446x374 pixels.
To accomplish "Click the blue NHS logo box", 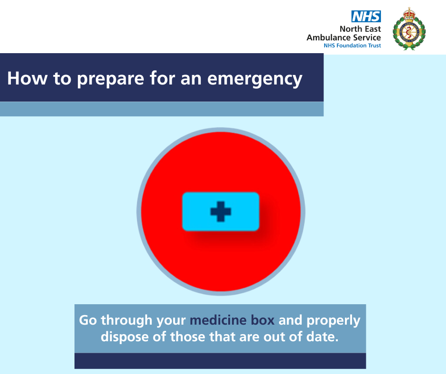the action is pyautogui.click(x=366, y=16).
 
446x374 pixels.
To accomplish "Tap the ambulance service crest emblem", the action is pyautogui.click(x=409, y=29).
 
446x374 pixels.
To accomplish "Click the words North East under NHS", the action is pyautogui.click(x=360, y=29).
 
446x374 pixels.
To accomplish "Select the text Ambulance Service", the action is pyautogui.click(x=344, y=37).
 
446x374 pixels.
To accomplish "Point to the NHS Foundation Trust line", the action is pyautogui.click(x=352, y=46).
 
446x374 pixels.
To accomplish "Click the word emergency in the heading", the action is pyautogui.click(x=255, y=79).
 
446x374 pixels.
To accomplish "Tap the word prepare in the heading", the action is pyautogui.click(x=111, y=79).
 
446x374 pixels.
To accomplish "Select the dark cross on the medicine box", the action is pyautogui.click(x=221, y=212).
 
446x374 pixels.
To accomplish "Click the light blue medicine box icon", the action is pyautogui.click(x=221, y=212).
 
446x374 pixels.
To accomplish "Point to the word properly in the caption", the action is pyautogui.click(x=334, y=321).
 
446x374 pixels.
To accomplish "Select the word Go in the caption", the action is pyautogui.click(x=88, y=320).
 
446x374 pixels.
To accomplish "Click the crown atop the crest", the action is pyautogui.click(x=409, y=13).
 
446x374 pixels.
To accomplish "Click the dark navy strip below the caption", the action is pyautogui.click(x=220, y=361).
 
